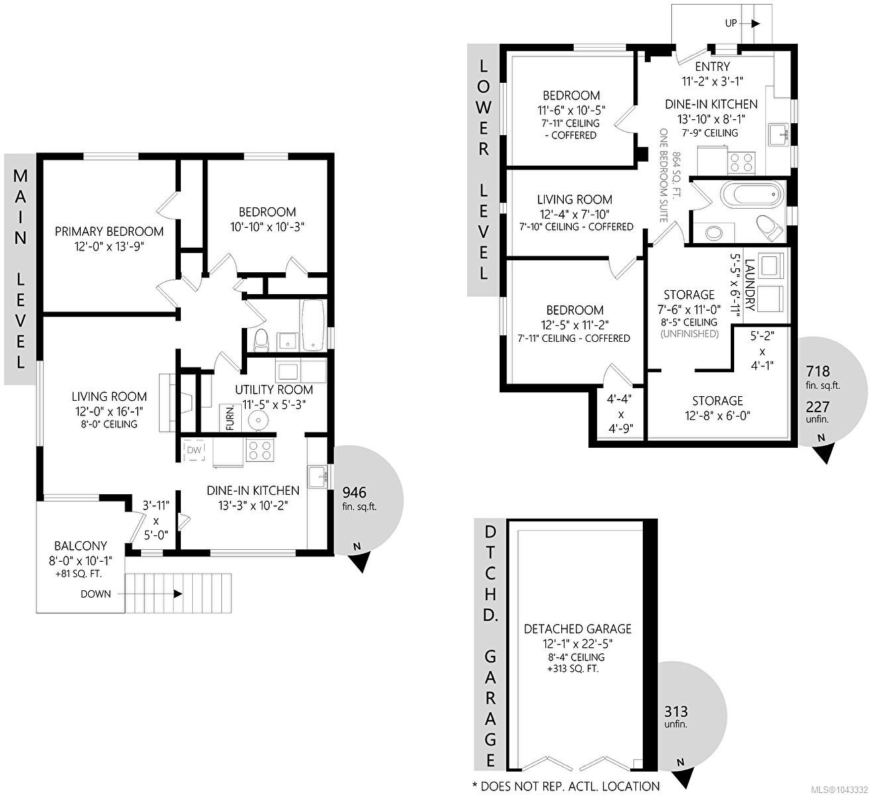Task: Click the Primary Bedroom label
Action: (109, 232)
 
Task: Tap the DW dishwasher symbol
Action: (194, 450)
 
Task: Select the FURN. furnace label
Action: (230, 418)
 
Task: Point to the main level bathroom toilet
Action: (261, 340)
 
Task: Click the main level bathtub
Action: (313, 325)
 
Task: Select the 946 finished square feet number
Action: (354, 492)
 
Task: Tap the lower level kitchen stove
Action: (741, 163)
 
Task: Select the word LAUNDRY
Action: (750, 285)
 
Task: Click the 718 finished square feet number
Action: (818, 371)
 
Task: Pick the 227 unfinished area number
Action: (818, 407)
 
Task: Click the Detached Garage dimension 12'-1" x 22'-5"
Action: (577, 644)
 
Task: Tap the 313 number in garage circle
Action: (676, 712)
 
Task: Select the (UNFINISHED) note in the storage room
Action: (689, 334)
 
